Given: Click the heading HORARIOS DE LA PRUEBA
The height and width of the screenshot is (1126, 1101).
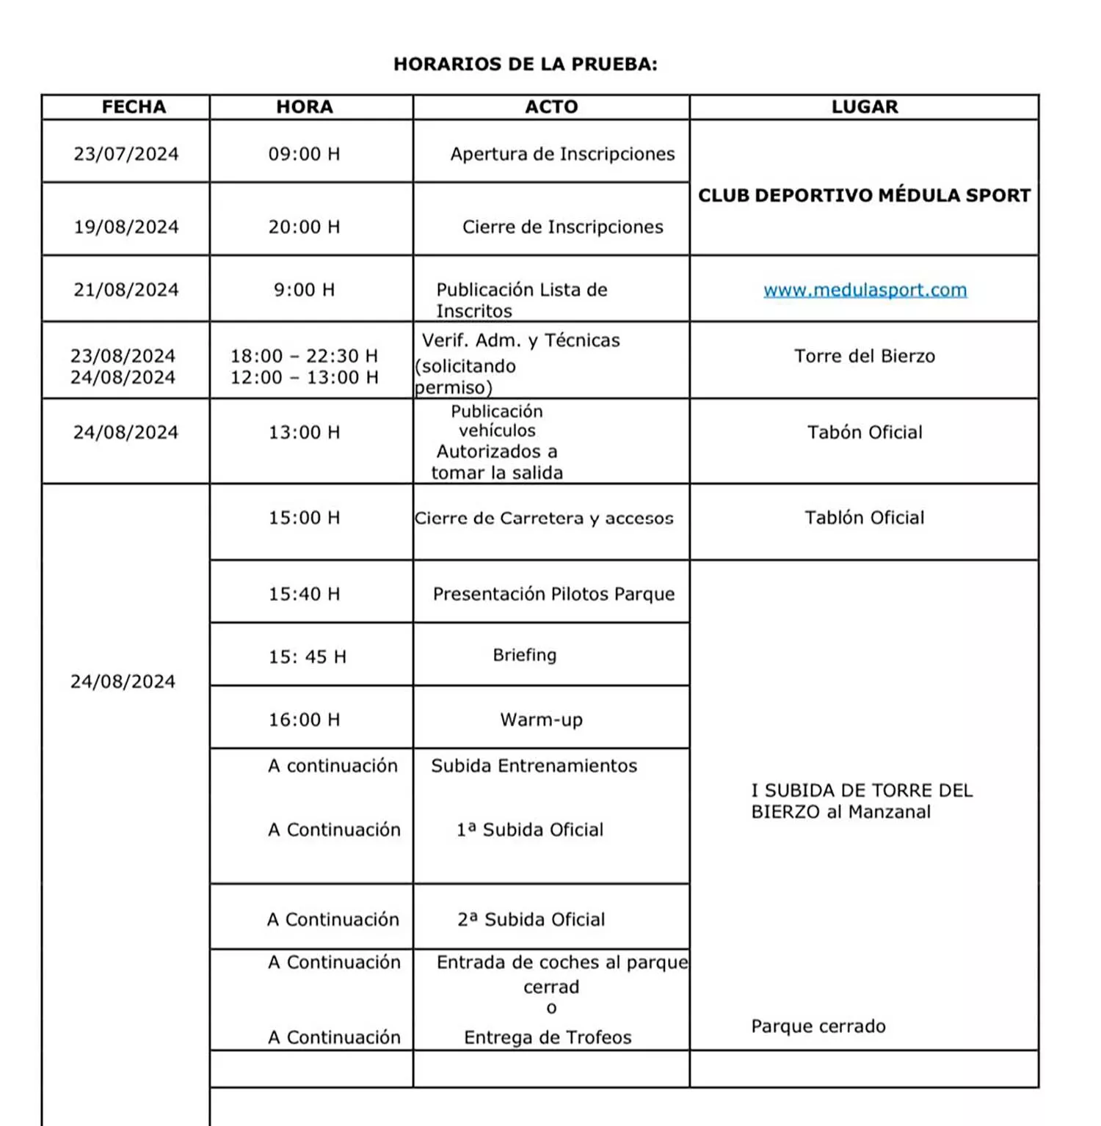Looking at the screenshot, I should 525,65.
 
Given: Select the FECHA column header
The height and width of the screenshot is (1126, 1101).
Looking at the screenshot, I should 134,107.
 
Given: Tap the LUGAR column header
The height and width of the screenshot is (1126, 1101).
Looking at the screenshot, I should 864,107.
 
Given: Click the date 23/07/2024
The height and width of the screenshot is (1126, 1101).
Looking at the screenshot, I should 126,154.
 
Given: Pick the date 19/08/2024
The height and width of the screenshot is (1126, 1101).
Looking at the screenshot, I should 126,227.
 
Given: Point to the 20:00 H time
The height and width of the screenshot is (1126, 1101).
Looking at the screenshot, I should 304,227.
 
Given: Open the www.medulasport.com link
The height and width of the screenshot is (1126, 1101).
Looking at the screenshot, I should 865,290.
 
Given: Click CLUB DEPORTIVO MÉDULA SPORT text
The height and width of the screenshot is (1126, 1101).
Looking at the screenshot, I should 864,196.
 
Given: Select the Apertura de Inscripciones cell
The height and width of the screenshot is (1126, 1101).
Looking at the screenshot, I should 562,154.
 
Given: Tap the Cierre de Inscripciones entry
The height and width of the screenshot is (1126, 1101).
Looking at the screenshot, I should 562,227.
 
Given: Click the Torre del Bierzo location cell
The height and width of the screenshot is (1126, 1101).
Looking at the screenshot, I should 864,357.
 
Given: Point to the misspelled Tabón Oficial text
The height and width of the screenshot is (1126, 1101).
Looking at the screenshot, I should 864,433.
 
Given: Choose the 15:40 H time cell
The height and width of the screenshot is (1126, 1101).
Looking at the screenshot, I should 304,594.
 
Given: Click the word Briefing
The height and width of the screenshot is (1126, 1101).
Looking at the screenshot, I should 524,655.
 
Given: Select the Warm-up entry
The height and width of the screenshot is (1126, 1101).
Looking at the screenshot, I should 541,720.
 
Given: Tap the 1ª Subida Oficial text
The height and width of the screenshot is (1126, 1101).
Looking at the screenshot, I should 530,830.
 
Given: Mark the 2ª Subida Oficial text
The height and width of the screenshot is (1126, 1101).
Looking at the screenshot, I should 531,920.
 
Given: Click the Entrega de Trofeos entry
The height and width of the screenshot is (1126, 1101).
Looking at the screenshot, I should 548,1037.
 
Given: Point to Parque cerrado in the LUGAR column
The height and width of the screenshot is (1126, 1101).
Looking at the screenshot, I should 818,1026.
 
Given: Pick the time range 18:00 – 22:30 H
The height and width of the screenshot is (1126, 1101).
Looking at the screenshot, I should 304,357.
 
